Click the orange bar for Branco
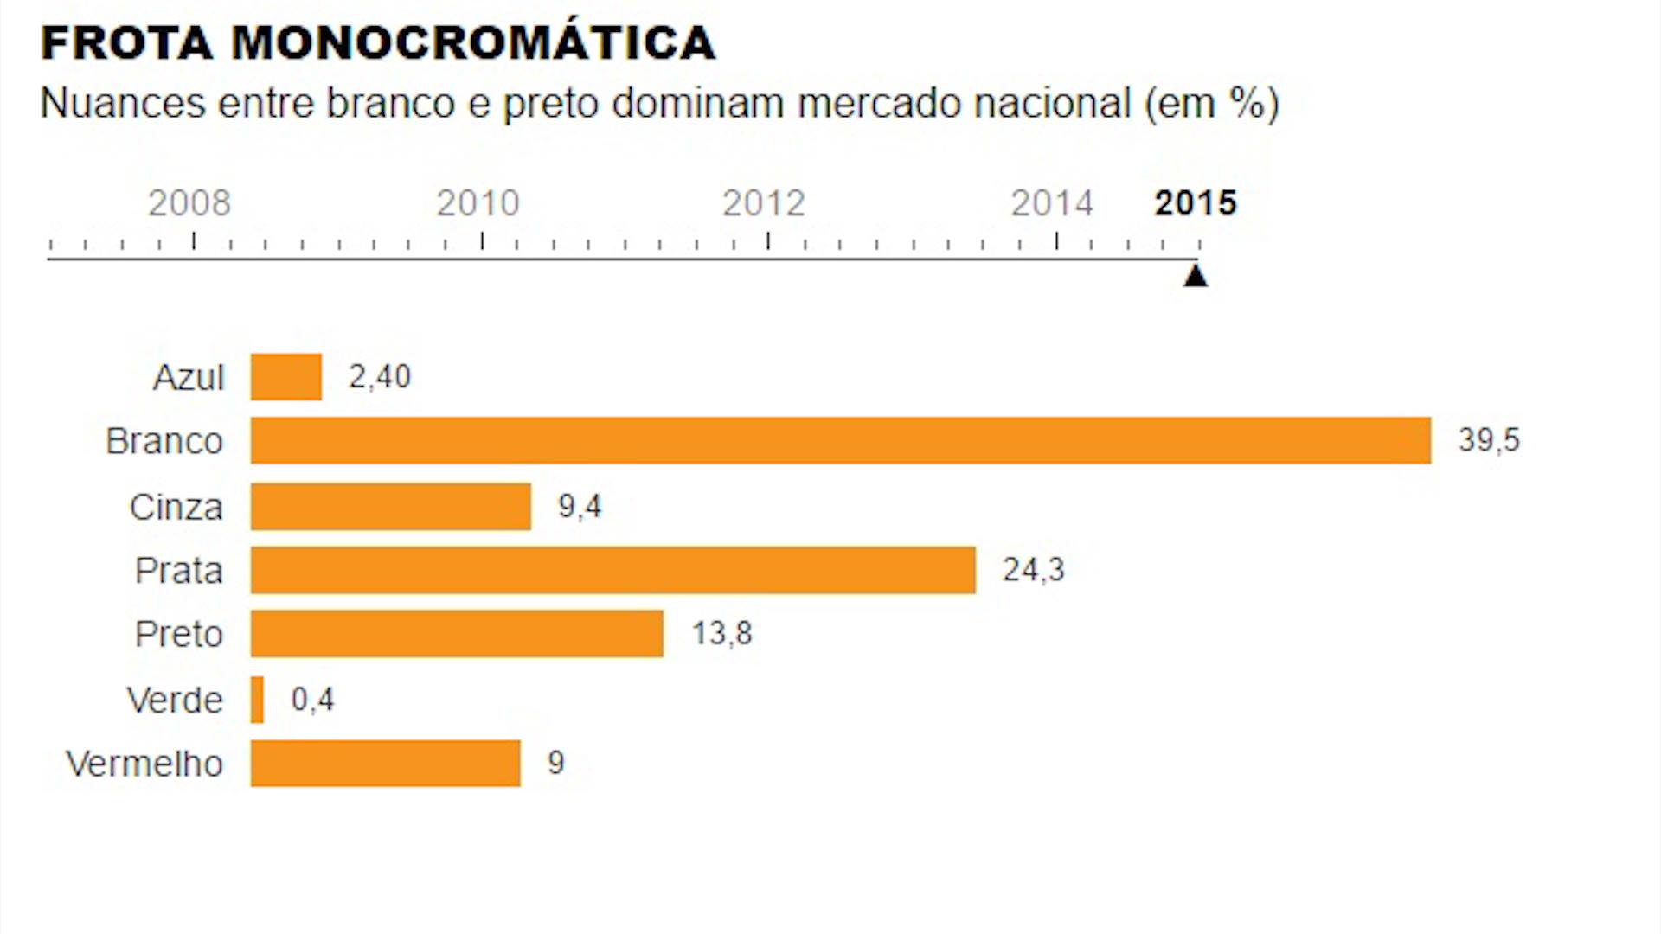tap(840, 441)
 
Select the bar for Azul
tap(286, 377)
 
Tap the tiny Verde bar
tap(257, 700)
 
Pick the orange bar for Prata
tap(612, 571)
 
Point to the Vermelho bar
tap(386, 764)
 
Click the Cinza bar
tap(391, 507)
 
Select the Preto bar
tap(457, 634)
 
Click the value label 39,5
tap(1489, 440)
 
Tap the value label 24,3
tap(1033, 570)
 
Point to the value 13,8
tap(721, 634)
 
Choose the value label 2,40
tap(379, 377)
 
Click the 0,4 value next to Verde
tap(312, 700)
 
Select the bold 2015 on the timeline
tap(1196, 203)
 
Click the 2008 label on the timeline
tap(189, 203)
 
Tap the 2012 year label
tap(764, 203)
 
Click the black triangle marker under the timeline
tap(1196, 276)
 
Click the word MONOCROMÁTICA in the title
tap(473, 43)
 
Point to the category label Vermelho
tap(144, 764)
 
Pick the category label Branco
tap(164, 442)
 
